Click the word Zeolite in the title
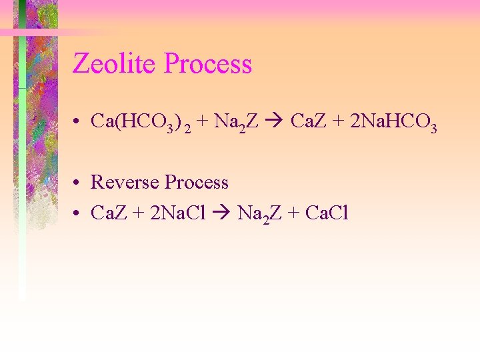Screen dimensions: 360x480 [115, 64]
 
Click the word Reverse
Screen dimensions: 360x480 [125, 182]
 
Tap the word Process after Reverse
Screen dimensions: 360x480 [197, 182]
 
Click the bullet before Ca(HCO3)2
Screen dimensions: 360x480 [78, 121]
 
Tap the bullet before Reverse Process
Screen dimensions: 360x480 [78, 183]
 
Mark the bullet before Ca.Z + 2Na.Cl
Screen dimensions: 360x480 [78, 213]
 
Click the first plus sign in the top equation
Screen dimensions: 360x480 [202, 121]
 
